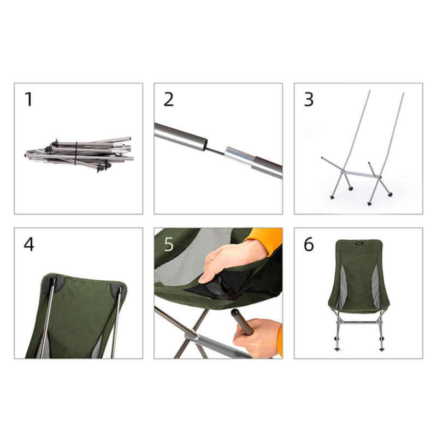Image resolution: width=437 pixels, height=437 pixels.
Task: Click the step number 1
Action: point(28,99)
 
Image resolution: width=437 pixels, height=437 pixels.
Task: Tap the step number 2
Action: point(169,99)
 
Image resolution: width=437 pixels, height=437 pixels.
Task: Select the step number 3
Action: point(309,99)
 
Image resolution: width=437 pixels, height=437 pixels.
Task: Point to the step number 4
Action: point(29,244)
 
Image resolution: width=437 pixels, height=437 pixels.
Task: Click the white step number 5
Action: point(169,244)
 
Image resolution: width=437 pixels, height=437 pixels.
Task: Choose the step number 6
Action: point(309,244)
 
